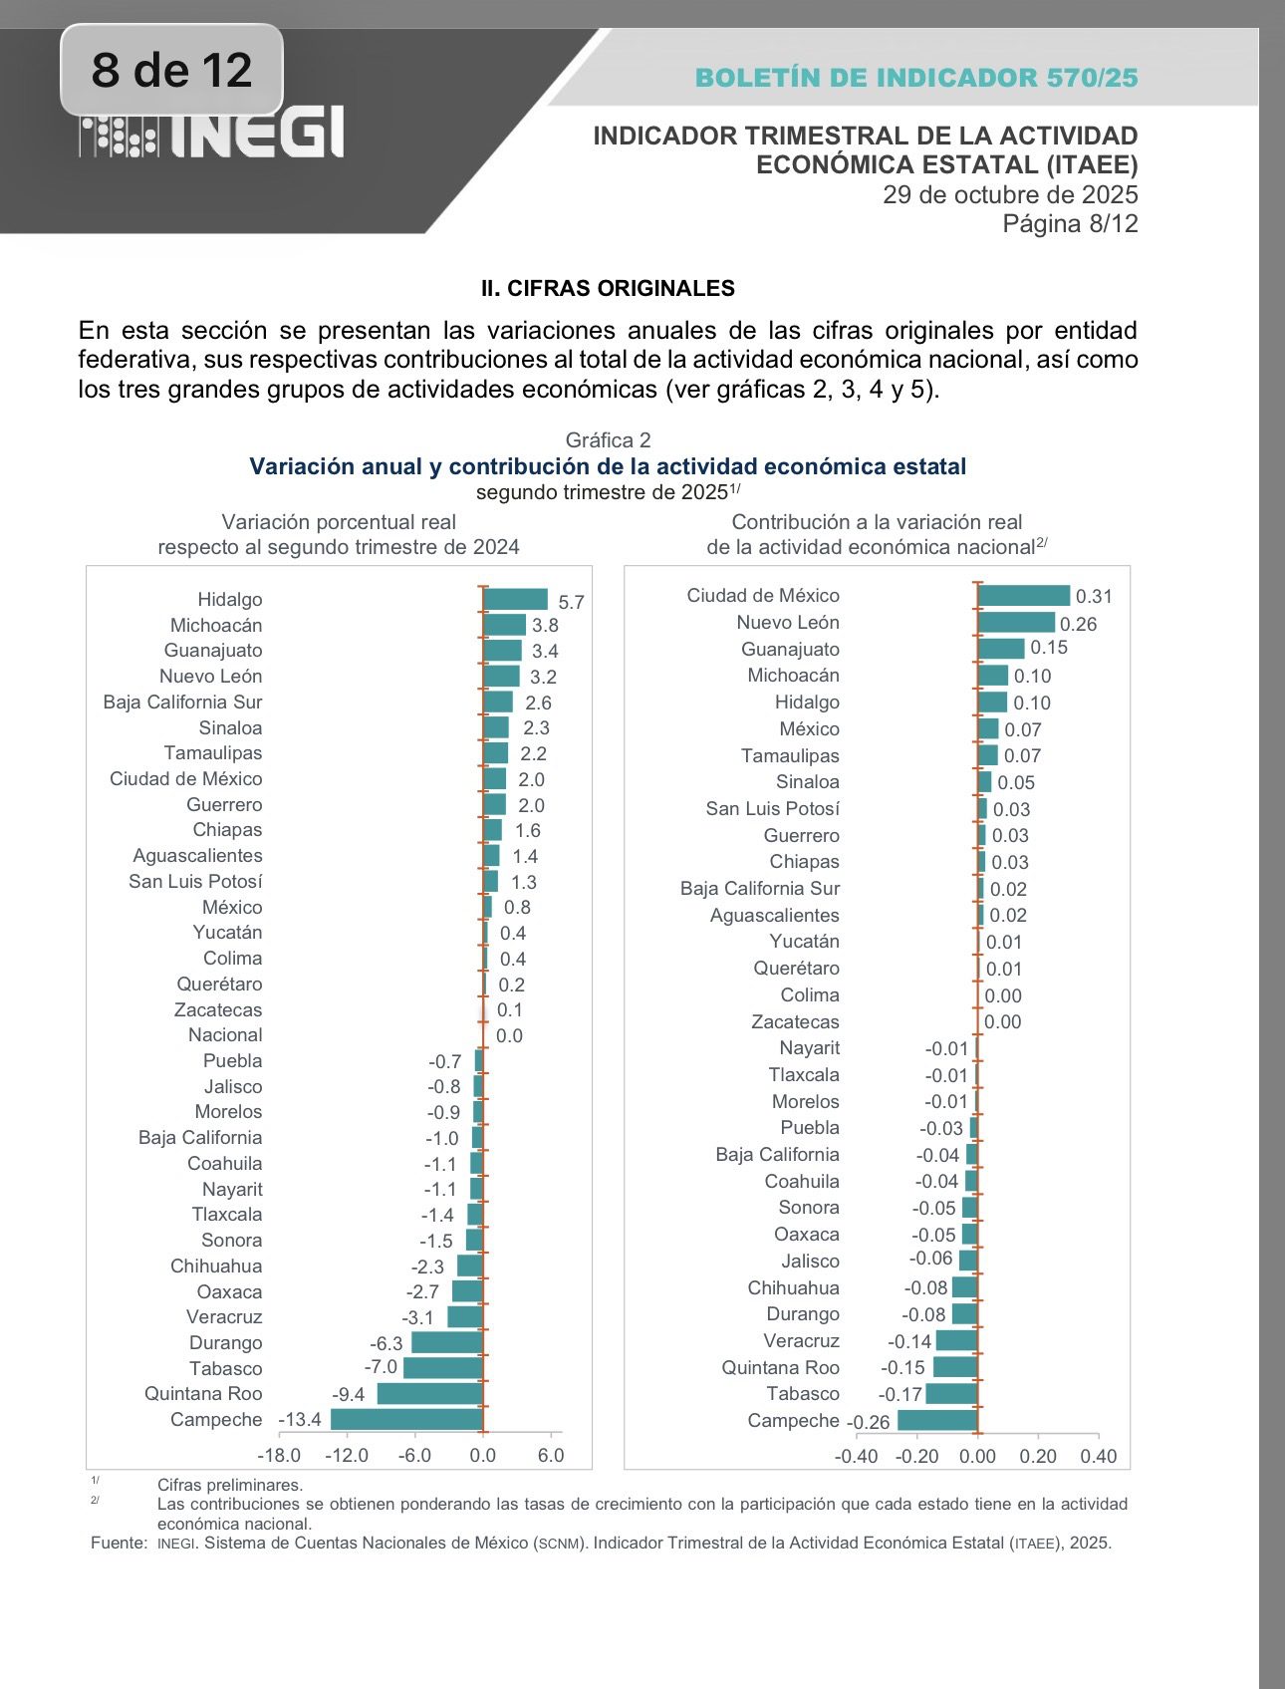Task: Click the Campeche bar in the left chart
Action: click(406, 1419)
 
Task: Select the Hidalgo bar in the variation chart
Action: click(515, 599)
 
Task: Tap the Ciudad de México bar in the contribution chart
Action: click(1024, 596)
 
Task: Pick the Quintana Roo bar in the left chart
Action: click(429, 1393)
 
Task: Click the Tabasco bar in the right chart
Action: click(951, 1393)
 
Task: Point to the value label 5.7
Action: click(571, 602)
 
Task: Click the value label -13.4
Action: click(300, 1419)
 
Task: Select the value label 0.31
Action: click(1094, 596)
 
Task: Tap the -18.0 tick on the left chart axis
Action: click(279, 1455)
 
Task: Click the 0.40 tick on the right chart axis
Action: click(1098, 1456)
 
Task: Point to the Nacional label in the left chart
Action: click(225, 1035)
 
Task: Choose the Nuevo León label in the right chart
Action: click(788, 623)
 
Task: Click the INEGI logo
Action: click(212, 134)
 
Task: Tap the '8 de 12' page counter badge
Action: click(171, 70)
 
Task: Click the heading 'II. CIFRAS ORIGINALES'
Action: click(608, 289)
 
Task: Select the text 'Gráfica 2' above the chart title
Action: click(608, 440)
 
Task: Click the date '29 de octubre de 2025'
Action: click(1010, 194)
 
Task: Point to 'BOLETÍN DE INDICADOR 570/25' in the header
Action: click(916, 78)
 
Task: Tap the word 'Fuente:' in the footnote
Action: click(119, 1543)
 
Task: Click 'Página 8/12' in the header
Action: click(1070, 223)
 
